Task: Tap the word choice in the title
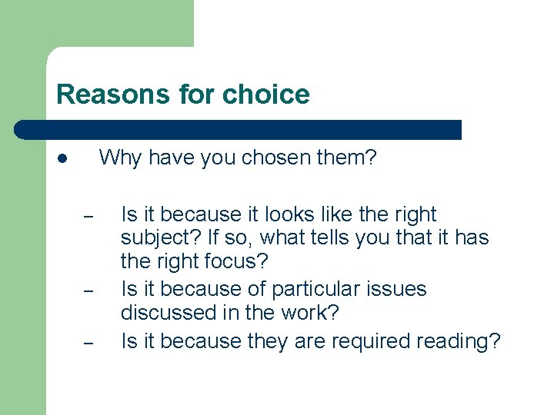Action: click(265, 95)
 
